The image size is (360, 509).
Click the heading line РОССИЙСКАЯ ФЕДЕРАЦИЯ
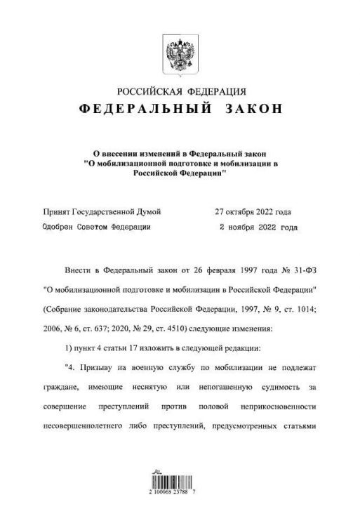pyautogui.click(x=181, y=91)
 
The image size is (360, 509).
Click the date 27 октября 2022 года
pyautogui.click(x=253, y=211)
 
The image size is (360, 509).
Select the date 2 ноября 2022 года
pyautogui.click(x=258, y=227)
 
